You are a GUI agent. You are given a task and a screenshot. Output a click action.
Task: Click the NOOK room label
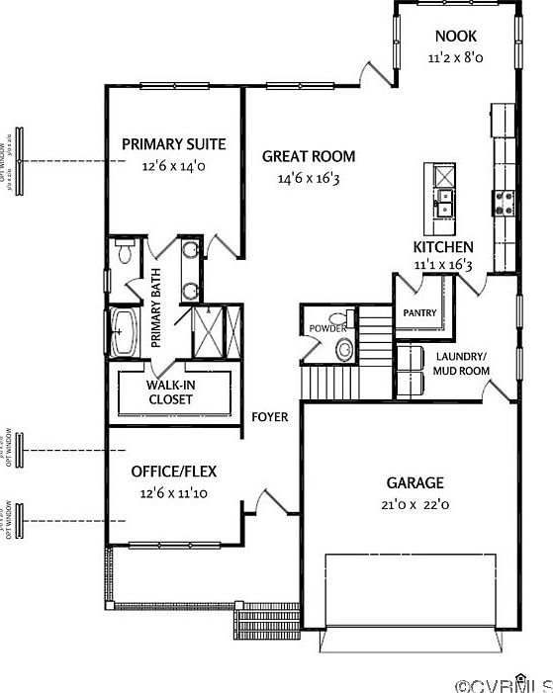pos(455,37)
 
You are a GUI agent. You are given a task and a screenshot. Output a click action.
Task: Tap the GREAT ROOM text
pos(309,156)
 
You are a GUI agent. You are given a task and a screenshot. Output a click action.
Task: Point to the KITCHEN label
pos(443,246)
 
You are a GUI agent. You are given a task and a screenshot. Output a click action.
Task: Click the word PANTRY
pos(420,312)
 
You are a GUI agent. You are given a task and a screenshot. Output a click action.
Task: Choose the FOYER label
pos(270,417)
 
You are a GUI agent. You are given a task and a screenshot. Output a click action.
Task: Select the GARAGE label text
pos(415,483)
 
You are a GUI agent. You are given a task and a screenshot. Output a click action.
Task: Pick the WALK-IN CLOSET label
pos(170,392)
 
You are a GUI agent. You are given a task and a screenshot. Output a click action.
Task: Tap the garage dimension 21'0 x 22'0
pos(415,504)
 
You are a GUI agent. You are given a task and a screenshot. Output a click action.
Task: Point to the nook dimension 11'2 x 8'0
pos(455,58)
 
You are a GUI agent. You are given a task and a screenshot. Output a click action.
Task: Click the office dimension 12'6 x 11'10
pos(174,492)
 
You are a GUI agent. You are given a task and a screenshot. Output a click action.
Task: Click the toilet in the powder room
pos(344,348)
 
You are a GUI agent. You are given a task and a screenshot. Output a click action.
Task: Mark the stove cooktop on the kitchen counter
pos(504,203)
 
